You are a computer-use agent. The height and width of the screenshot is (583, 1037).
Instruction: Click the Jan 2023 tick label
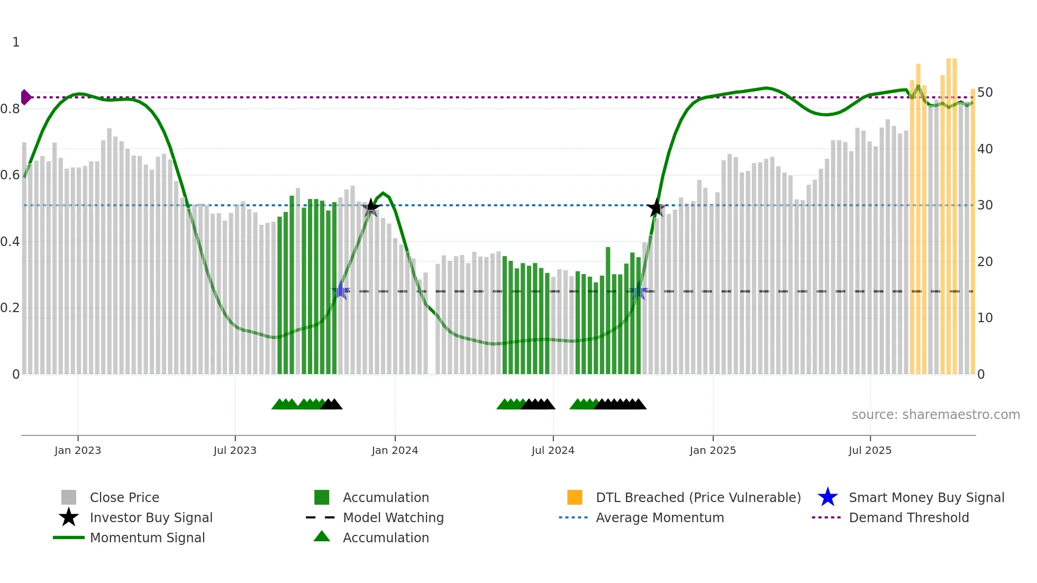click(78, 450)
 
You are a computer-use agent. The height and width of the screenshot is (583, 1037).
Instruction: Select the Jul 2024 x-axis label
click(553, 450)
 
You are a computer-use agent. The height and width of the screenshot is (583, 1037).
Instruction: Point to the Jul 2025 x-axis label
click(870, 450)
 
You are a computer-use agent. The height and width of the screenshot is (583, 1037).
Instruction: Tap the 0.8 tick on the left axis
click(10, 109)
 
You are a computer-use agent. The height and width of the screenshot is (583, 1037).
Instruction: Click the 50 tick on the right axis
click(985, 93)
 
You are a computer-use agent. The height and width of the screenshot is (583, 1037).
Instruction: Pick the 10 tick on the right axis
click(985, 318)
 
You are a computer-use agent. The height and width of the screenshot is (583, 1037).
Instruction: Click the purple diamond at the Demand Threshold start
click(25, 97)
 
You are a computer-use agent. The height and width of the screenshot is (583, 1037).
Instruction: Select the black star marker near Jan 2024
click(371, 207)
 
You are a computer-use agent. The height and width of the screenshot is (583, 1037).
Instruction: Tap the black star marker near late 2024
click(656, 207)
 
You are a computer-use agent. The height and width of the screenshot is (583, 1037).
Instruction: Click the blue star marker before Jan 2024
click(341, 290)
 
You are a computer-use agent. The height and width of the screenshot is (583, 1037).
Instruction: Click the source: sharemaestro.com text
click(935, 415)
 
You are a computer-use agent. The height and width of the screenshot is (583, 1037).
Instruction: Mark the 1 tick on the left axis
click(16, 42)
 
